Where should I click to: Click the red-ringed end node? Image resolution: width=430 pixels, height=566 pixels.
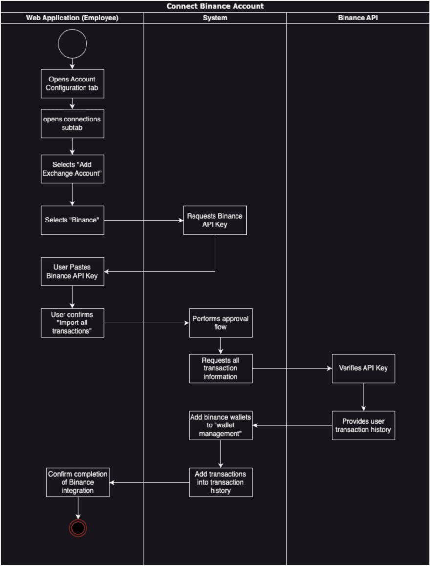[x=78, y=528]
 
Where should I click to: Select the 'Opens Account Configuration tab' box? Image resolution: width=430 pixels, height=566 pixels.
[x=72, y=83]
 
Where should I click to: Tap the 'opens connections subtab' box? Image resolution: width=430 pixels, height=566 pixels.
[x=72, y=123]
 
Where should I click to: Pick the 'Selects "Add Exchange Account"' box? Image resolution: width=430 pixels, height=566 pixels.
[x=72, y=169]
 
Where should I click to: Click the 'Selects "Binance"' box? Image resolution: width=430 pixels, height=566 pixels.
[x=72, y=220]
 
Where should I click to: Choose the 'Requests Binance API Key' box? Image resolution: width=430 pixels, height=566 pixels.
[x=215, y=220]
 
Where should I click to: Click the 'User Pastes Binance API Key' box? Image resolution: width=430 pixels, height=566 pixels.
[x=72, y=271]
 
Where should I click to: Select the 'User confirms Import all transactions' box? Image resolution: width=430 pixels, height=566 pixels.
[x=72, y=323]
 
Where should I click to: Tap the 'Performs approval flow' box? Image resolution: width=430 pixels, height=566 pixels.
[x=221, y=323]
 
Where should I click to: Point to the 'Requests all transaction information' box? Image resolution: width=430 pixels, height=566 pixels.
[x=221, y=368]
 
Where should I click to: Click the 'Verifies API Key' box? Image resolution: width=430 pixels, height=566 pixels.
[x=364, y=368]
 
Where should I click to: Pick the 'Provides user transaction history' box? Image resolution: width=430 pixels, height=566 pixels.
[x=364, y=425]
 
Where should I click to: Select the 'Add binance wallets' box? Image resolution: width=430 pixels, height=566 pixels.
[x=221, y=425]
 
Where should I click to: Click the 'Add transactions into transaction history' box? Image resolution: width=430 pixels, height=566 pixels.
[x=221, y=482]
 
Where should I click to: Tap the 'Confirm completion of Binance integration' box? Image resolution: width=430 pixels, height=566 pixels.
[x=78, y=482]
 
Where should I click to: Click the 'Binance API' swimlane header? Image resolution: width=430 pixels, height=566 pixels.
[x=358, y=18]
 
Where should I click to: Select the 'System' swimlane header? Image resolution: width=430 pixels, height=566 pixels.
[x=215, y=18]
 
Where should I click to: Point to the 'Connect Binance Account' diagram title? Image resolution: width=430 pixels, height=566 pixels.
[x=215, y=6]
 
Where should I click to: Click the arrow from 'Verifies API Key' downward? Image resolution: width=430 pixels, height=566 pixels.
[x=364, y=397]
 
